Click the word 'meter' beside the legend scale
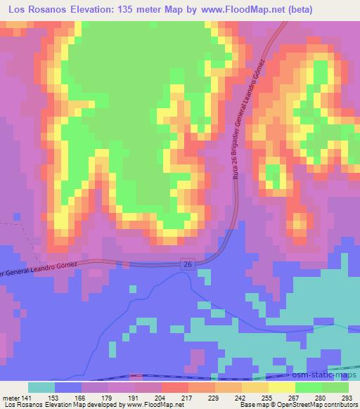pos(11,397)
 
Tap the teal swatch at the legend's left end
pos(41,387)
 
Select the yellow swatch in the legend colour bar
pos(282,387)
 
